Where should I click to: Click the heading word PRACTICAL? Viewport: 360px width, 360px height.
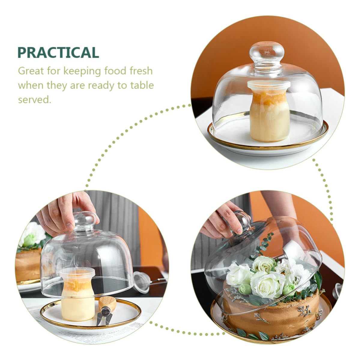[x=58, y=52]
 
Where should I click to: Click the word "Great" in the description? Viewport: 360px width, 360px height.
[x=31, y=71]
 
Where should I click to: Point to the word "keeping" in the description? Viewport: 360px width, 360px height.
[x=82, y=71]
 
